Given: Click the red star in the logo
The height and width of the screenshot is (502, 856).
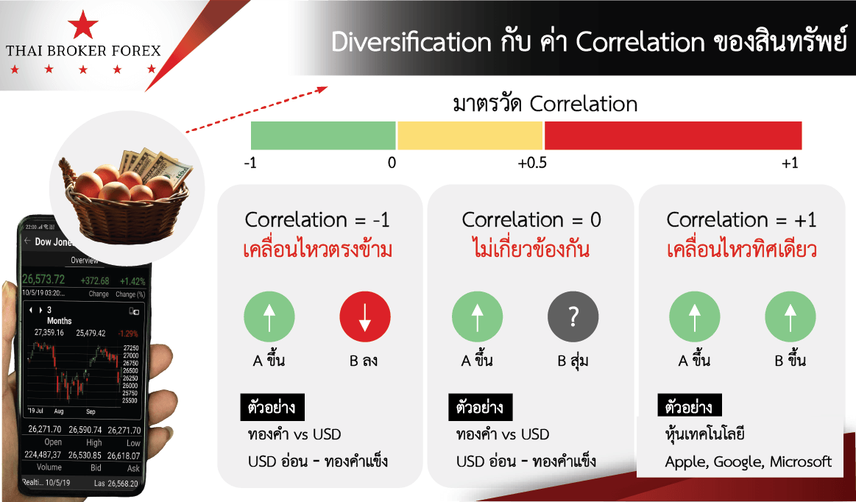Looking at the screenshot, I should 83,26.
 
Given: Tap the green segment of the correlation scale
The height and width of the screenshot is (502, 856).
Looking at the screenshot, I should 323,136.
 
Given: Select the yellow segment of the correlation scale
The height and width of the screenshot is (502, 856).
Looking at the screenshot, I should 470,136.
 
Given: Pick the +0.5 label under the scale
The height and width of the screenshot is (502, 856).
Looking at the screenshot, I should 532,163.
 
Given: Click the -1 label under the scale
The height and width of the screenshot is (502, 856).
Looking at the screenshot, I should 250,163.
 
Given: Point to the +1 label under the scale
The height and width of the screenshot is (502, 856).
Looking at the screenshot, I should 790,163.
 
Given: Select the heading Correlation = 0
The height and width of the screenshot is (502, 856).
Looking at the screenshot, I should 531,219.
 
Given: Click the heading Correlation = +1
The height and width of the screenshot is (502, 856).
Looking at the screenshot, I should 741,219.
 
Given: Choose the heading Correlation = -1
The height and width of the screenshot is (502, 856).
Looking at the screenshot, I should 318,219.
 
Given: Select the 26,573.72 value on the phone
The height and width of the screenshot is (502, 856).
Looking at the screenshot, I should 43,280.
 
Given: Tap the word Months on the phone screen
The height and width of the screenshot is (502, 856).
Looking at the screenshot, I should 60,321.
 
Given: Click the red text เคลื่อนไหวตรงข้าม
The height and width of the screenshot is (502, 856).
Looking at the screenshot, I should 317,250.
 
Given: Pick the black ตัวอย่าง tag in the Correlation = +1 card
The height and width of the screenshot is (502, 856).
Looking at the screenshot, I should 690,406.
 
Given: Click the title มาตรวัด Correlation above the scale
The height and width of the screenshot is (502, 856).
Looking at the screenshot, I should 545,104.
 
